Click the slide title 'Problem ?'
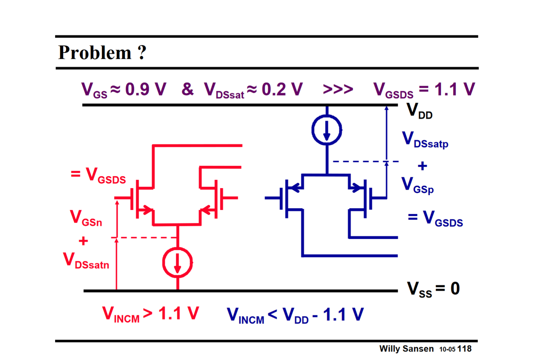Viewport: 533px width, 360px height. pos(102,53)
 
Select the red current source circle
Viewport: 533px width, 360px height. pos(178,263)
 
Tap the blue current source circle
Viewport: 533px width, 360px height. pos(326,130)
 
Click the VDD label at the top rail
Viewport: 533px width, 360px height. pos(419,111)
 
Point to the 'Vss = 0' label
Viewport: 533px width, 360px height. pos(433,289)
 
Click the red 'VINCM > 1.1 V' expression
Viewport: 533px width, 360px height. pos(150,314)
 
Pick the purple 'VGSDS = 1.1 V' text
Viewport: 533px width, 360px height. pos(424,90)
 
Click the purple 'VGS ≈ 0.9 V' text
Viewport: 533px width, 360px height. pos(124,90)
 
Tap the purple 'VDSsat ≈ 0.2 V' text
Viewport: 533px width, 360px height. pos(253,90)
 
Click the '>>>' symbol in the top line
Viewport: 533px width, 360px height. pos(338,90)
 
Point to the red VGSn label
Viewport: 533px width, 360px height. pos(86,218)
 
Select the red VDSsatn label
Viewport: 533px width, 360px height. pos(86,261)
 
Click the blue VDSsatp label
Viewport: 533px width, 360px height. pos(425,140)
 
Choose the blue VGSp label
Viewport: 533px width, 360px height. pos(418,185)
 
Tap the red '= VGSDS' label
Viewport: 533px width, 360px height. pos(98,175)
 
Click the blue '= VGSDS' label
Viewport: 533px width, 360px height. pos(435,219)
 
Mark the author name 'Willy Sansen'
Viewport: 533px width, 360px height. pos(406,349)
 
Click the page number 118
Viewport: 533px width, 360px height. pos(464,349)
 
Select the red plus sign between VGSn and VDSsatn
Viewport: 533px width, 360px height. pos(83,241)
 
